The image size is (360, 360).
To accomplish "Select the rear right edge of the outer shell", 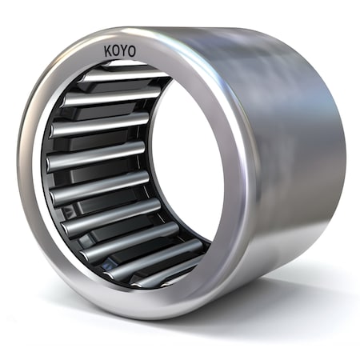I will click(x=340, y=160).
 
